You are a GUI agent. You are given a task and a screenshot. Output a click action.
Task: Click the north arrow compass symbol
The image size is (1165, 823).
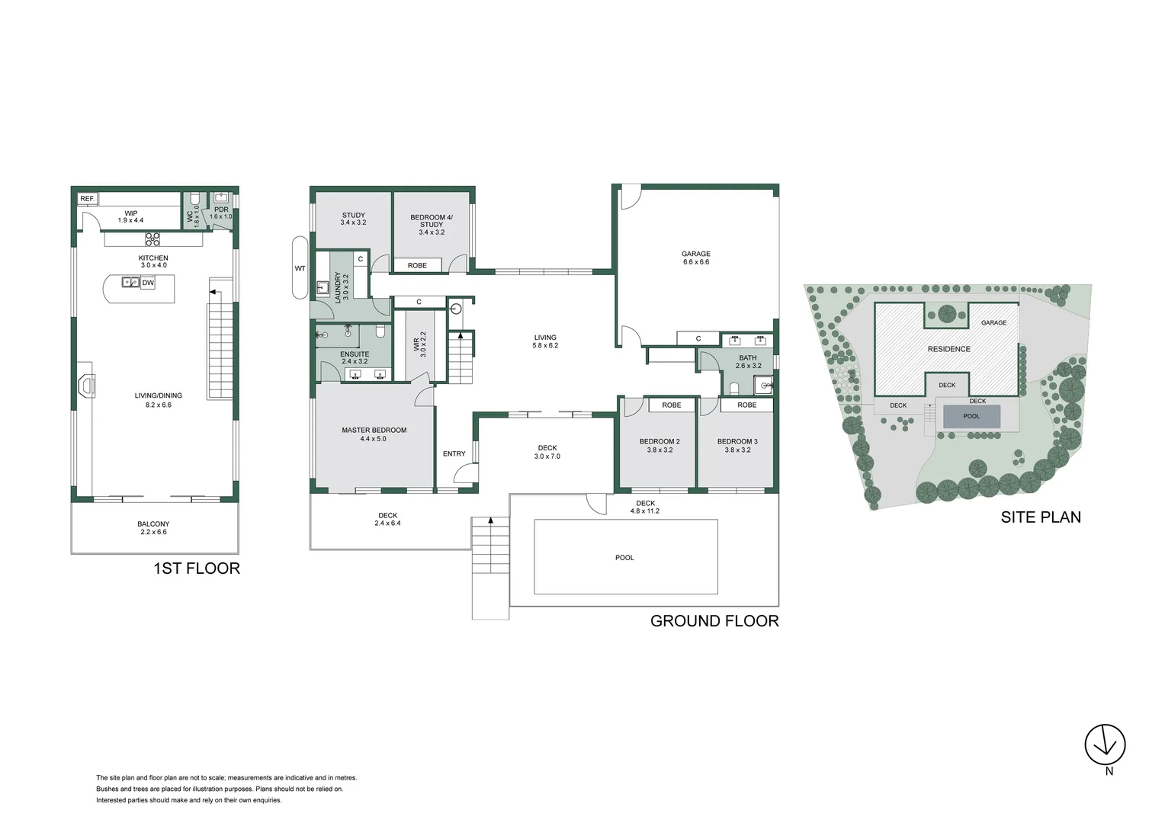[x=1105, y=743]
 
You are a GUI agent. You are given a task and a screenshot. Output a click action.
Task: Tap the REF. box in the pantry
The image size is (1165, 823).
[x=87, y=199]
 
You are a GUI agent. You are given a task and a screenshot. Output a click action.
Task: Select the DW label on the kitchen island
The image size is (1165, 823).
[x=148, y=283]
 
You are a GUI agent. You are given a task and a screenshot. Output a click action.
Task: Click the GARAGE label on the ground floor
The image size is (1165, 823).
[x=695, y=254]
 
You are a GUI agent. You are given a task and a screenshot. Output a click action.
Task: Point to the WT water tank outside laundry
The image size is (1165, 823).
[x=300, y=268]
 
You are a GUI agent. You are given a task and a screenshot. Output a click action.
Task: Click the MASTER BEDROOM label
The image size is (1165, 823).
[x=374, y=430]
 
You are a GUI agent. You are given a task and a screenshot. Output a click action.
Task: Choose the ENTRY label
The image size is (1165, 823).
[x=454, y=453]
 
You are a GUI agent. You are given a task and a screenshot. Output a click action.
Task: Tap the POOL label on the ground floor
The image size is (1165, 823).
[x=624, y=557]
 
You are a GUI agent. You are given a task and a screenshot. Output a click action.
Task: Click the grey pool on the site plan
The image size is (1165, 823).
[x=971, y=416]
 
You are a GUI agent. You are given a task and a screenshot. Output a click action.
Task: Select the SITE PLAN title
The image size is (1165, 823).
[x=1040, y=517]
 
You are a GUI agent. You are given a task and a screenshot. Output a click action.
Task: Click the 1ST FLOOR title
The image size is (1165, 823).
[x=197, y=568]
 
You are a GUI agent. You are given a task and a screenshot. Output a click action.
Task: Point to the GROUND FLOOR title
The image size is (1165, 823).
[x=714, y=620]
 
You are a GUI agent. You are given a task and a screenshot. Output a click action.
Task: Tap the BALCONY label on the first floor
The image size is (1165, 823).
[x=153, y=524]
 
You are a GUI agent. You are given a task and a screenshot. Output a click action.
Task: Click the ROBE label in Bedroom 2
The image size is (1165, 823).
[x=671, y=405]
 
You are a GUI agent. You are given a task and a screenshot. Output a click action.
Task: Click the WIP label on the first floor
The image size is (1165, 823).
[x=130, y=213]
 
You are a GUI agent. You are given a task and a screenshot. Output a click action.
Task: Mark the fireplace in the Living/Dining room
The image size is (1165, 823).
[x=86, y=386]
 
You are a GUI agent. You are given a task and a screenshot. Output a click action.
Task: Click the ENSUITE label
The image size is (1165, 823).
[x=354, y=354]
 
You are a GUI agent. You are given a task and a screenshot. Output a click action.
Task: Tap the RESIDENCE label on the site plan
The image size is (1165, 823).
[x=948, y=349]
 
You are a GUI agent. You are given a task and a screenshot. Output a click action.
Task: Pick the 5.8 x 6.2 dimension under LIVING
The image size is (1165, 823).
[x=545, y=345]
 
